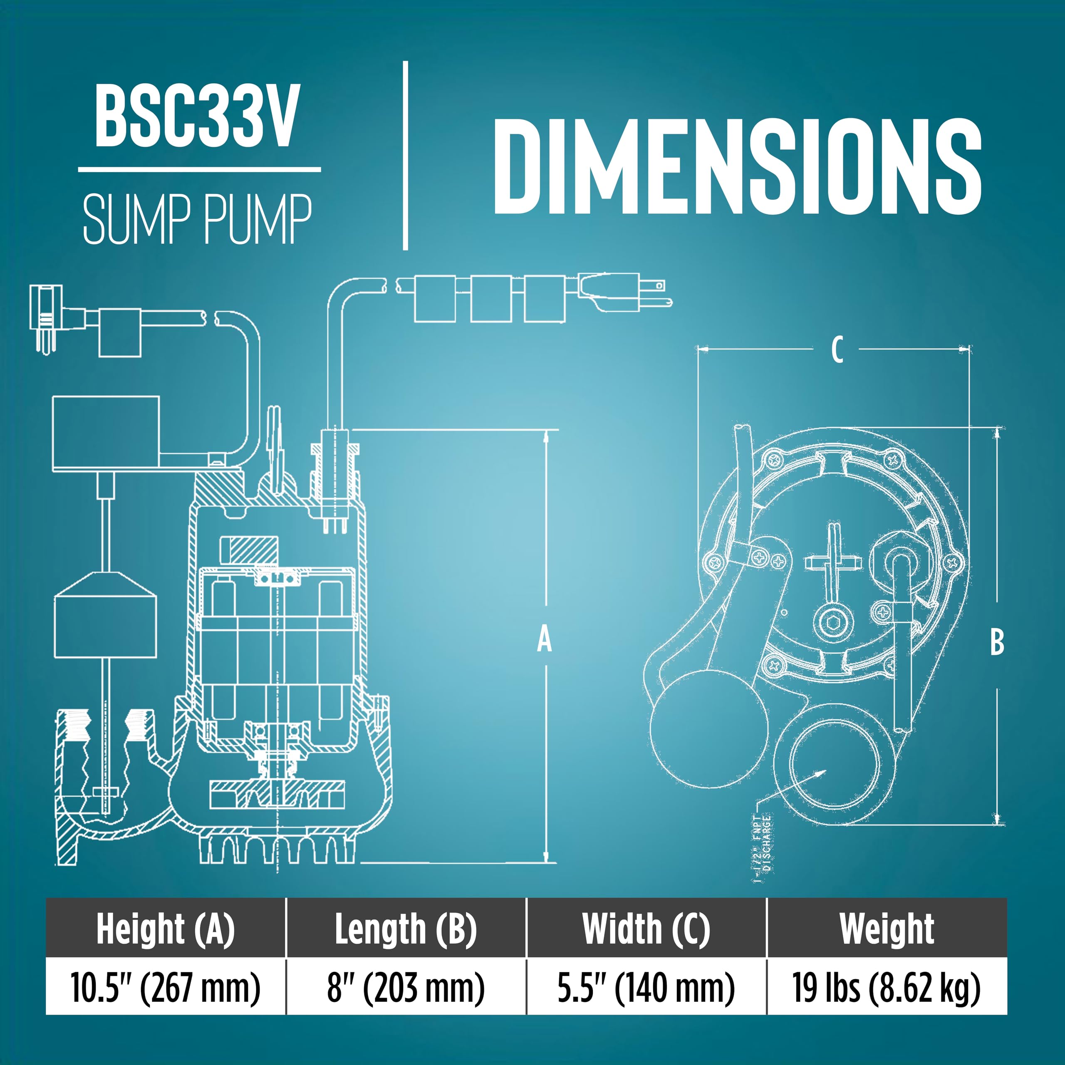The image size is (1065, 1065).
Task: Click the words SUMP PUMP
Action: pyautogui.click(x=197, y=219)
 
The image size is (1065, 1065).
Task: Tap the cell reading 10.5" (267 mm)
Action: pyautogui.click(x=166, y=987)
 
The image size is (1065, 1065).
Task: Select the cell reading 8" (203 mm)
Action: pyautogui.click(x=406, y=987)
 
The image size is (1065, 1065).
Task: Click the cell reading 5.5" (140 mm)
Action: pyautogui.click(x=646, y=987)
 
